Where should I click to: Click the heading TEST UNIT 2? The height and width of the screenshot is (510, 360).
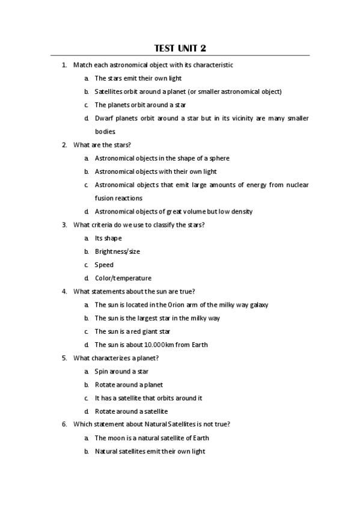(x=180, y=48)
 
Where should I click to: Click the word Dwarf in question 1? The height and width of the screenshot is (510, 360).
(x=104, y=118)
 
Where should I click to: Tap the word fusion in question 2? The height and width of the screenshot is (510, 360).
(x=104, y=198)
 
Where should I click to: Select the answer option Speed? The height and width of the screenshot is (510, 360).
(x=104, y=265)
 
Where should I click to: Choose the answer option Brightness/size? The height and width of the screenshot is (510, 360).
(x=117, y=251)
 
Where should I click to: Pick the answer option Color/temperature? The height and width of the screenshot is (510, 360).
(x=123, y=278)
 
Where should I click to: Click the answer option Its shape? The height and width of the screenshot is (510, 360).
(x=108, y=238)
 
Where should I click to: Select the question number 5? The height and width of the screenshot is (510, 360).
(x=64, y=358)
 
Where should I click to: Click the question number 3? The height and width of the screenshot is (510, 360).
(x=64, y=225)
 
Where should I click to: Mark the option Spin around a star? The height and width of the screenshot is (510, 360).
(x=121, y=371)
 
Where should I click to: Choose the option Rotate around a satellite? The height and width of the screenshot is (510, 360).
(x=131, y=411)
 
